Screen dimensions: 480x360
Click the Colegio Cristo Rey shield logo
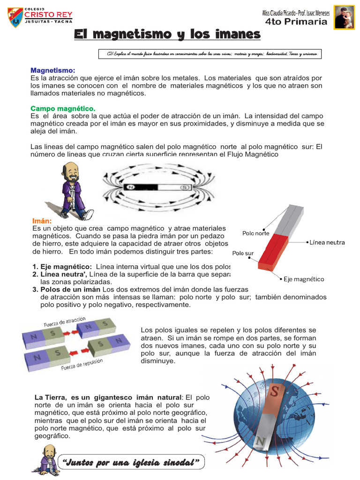click(x=16, y=17)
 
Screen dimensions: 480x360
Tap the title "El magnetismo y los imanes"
click(x=167, y=34)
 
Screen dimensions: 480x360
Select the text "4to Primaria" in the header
click(x=296, y=22)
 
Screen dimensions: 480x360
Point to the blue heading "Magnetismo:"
click(x=52, y=70)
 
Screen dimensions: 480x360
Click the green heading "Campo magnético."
click(x=63, y=108)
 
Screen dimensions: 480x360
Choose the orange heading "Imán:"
click(x=42, y=221)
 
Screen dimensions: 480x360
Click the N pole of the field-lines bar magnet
click(x=130, y=187)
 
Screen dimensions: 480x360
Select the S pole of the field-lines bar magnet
click(x=184, y=187)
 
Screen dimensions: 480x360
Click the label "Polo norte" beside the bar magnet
click(x=255, y=233)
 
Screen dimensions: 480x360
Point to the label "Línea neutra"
click(x=327, y=242)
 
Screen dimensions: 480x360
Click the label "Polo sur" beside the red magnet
click(x=243, y=253)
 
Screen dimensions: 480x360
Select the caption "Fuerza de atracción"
click(x=65, y=322)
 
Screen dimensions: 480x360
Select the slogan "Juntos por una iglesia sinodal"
click(x=131, y=463)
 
